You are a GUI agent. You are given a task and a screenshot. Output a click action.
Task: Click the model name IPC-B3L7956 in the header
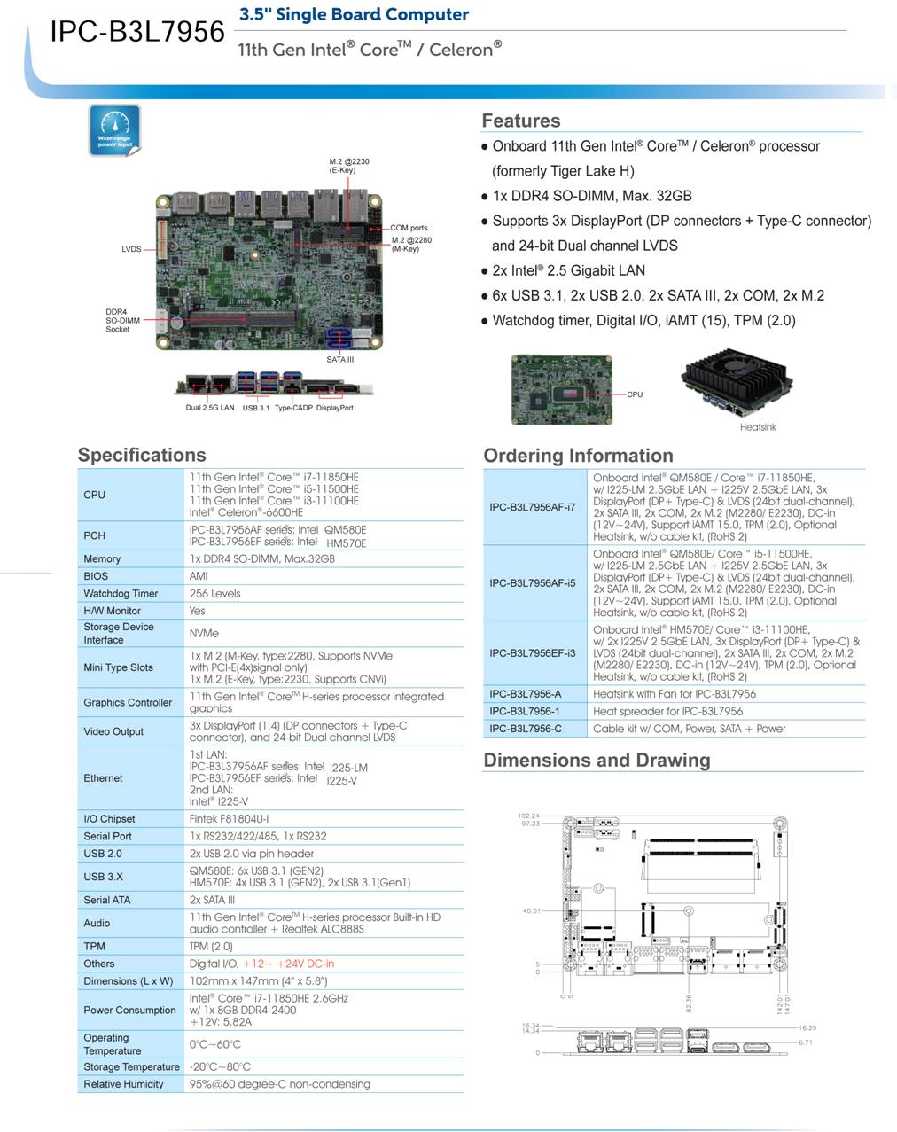click(137, 32)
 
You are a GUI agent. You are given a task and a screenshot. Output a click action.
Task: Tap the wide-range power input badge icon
click(114, 130)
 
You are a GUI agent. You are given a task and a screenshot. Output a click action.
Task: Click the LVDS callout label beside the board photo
click(131, 249)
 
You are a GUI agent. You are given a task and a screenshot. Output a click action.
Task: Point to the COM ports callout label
click(409, 228)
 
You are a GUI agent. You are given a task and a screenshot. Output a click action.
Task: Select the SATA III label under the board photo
click(339, 359)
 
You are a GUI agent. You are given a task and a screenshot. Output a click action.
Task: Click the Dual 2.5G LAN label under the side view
click(210, 408)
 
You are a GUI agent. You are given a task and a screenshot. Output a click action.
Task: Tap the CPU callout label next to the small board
click(635, 394)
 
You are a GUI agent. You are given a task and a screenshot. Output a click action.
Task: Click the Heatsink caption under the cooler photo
click(758, 427)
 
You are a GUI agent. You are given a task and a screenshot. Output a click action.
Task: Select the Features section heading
click(521, 121)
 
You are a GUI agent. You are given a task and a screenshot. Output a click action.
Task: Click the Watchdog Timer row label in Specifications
click(121, 593)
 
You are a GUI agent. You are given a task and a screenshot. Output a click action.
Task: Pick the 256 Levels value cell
click(214, 593)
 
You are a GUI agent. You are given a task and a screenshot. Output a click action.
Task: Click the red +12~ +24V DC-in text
click(288, 964)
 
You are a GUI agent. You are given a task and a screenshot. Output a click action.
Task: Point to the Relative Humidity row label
click(123, 1084)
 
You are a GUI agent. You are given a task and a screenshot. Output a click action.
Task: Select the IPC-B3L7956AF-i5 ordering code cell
click(533, 582)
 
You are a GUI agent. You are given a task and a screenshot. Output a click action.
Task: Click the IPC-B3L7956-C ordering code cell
click(525, 729)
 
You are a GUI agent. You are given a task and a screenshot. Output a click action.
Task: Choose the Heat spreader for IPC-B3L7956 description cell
click(667, 711)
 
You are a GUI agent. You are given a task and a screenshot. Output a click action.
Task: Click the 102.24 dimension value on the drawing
click(529, 816)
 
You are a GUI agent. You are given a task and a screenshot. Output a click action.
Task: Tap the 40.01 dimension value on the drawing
click(531, 911)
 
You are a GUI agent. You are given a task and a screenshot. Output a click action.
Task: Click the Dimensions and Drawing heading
click(597, 760)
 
